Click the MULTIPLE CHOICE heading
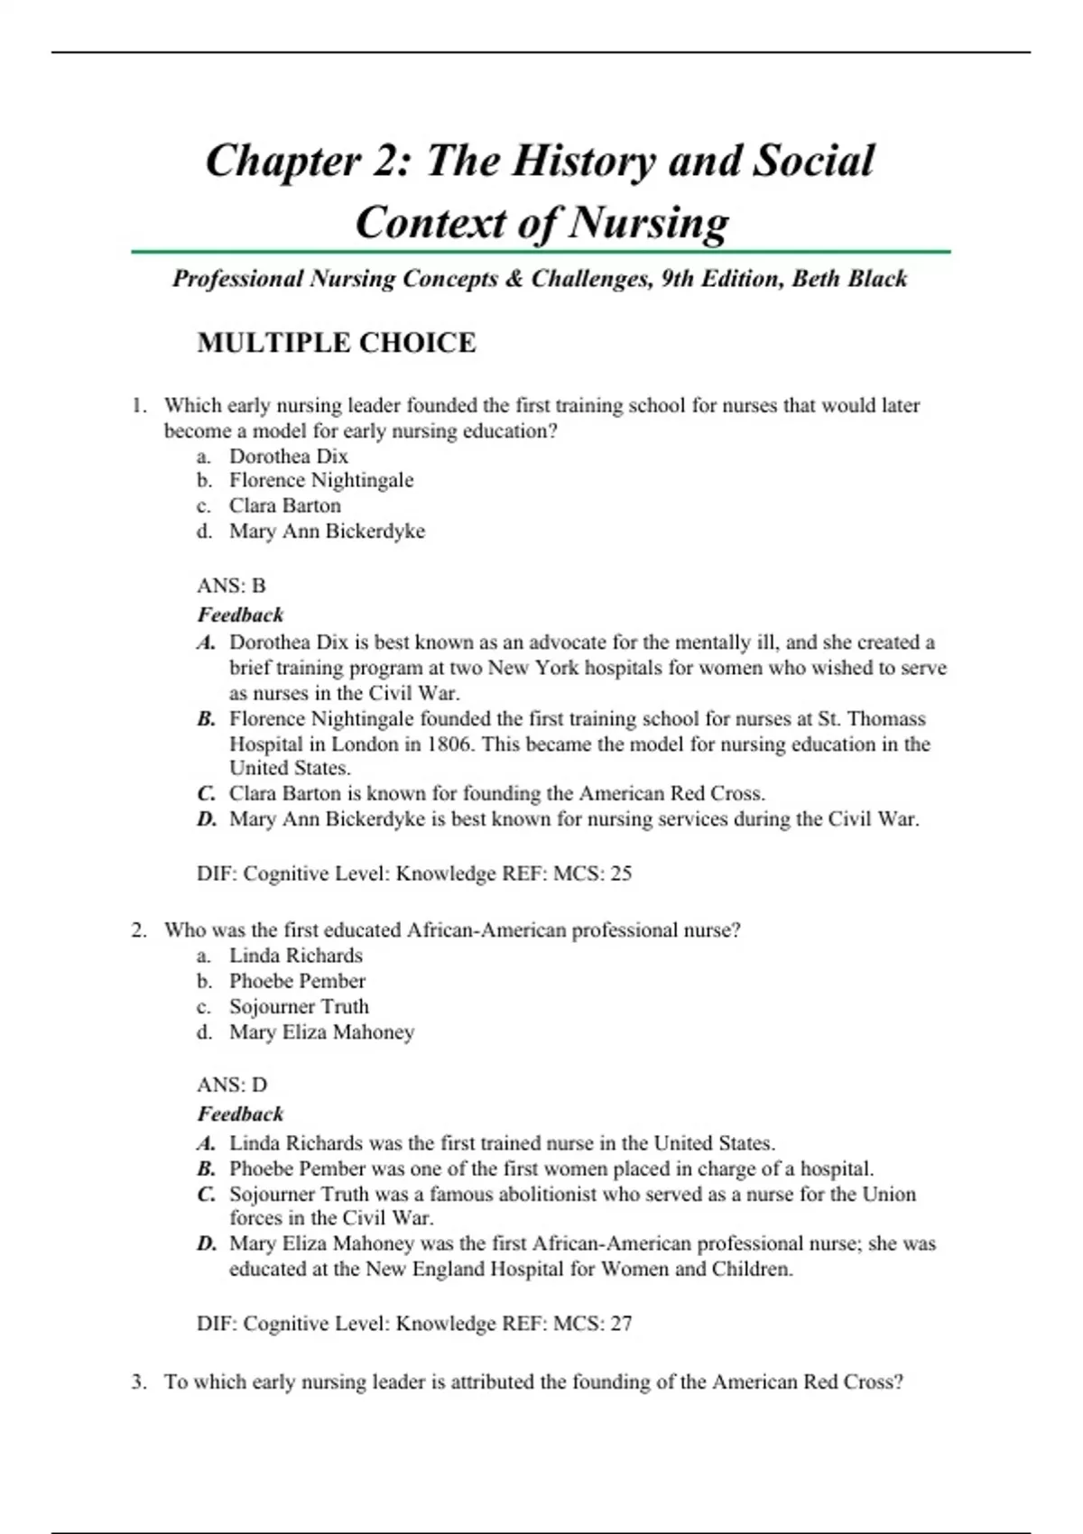point(336,343)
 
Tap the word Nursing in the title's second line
point(649,222)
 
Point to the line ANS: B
point(231,586)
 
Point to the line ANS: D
point(232,1085)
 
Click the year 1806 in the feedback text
point(450,744)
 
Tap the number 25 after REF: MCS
point(621,873)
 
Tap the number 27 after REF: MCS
point(621,1324)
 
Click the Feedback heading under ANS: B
point(240,615)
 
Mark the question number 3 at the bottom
point(138,1382)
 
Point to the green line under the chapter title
point(541,252)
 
